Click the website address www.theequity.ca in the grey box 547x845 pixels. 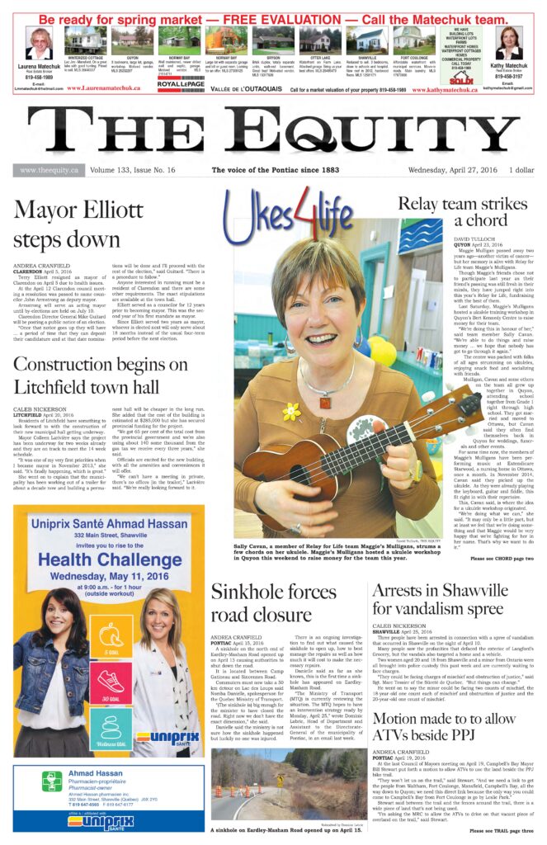pos(49,170)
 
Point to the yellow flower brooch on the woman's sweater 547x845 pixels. pos(291,411)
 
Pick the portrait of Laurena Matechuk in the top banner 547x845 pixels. pos(39,43)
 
